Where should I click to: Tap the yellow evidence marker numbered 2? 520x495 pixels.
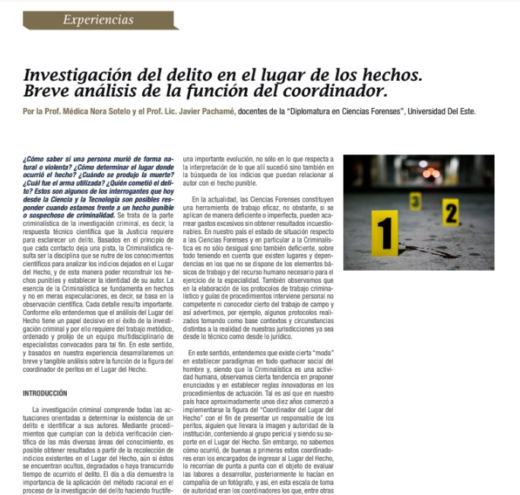click(451, 214)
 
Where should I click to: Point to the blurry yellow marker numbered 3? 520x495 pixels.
click(415, 201)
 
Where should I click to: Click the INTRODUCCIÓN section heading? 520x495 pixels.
click(45, 393)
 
